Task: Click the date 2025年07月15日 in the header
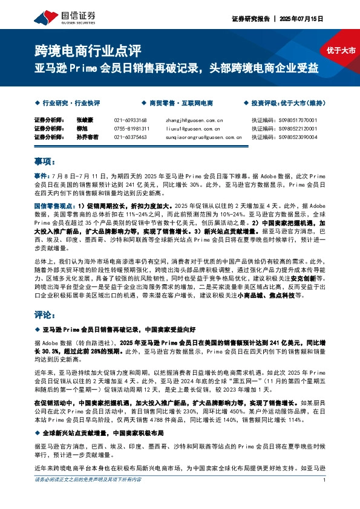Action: pos(303,19)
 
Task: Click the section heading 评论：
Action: pos(45,316)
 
